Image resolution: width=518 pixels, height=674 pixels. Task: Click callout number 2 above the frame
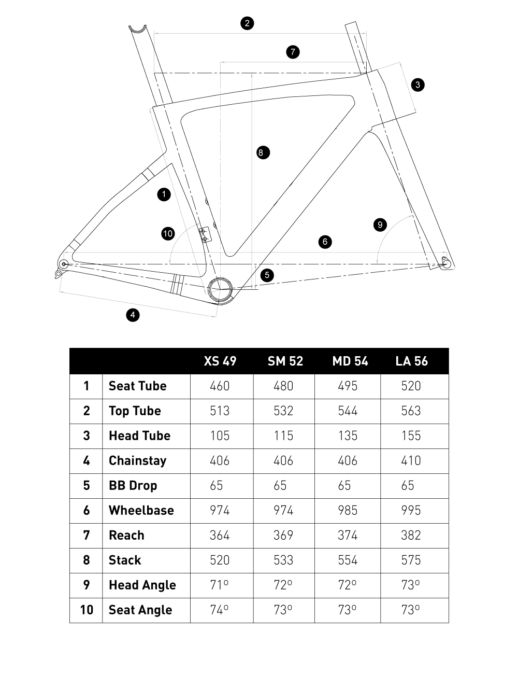[x=247, y=23]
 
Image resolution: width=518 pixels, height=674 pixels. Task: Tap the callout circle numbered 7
[x=293, y=52]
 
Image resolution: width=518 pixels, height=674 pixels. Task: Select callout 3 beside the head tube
[x=418, y=85]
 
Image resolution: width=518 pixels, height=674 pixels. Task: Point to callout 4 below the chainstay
[x=133, y=314]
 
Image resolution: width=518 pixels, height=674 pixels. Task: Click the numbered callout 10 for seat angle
[x=167, y=234]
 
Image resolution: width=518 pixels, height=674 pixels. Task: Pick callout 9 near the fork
[x=380, y=224]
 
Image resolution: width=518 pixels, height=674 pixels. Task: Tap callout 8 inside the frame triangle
[x=263, y=152]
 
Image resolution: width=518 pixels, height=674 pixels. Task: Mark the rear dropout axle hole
[x=64, y=264]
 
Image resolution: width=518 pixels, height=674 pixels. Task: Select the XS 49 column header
[x=220, y=361]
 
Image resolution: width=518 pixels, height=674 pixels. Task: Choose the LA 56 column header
[x=411, y=361]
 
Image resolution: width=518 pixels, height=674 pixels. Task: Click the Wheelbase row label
[x=141, y=511]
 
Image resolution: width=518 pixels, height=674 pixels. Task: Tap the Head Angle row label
[x=142, y=585]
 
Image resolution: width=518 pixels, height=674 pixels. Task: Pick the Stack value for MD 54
[x=348, y=560]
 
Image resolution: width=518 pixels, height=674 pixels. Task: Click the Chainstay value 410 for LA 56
[x=411, y=461]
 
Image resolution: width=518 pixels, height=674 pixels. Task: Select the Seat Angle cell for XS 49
[x=219, y=610]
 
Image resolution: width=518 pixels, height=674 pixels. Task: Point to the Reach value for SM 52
[x=283, y=536]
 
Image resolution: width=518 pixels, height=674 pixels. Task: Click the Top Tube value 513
[x=220, y=411]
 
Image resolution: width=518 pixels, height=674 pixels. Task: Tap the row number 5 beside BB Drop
[x=87, y=486]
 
